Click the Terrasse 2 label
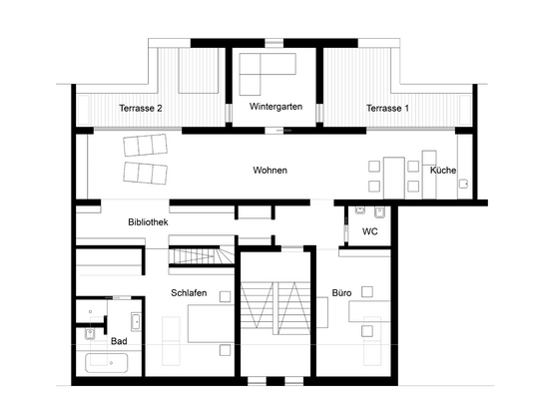click(x=140, y=109)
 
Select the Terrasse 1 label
click(x=387, y=109)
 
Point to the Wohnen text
click(x=269, y=171)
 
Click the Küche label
click(x=443, y=171)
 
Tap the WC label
click(x=370, y=231)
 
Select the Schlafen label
click(x=189, y=292)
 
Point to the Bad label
click(x=120, y=341)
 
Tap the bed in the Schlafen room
click(x=210, y=328)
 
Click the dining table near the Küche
click(x=393, y=174)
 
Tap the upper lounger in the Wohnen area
click(x=144, y=147)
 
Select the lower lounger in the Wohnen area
click(x=146, y=175)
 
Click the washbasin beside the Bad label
click(x=135, y=321)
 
